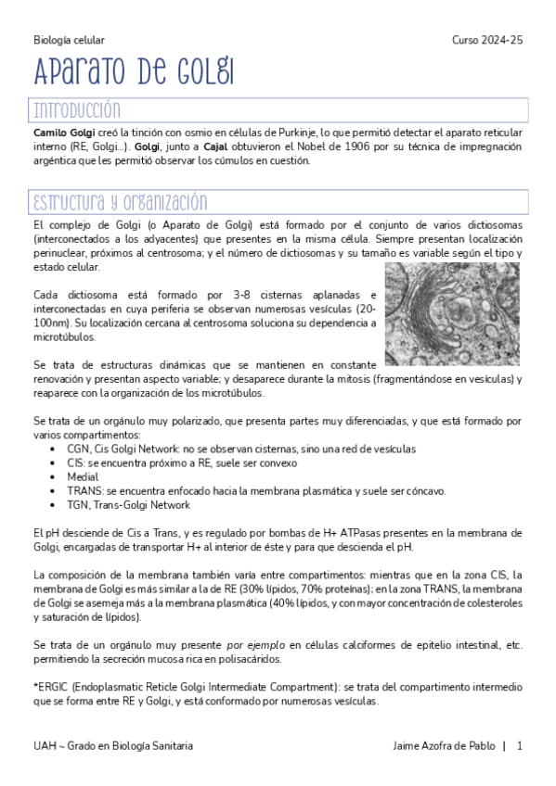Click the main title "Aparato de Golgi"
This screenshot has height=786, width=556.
pos(134,71)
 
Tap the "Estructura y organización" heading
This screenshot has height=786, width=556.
pos(121,203)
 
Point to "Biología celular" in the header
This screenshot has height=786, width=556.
pos(69,41)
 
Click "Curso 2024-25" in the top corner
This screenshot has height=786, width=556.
pos(487,41)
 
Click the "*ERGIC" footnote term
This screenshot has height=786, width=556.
pos(51,688)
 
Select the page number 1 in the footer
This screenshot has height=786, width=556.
pos(520,745)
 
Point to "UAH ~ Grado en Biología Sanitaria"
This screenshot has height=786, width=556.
pos(113,745)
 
